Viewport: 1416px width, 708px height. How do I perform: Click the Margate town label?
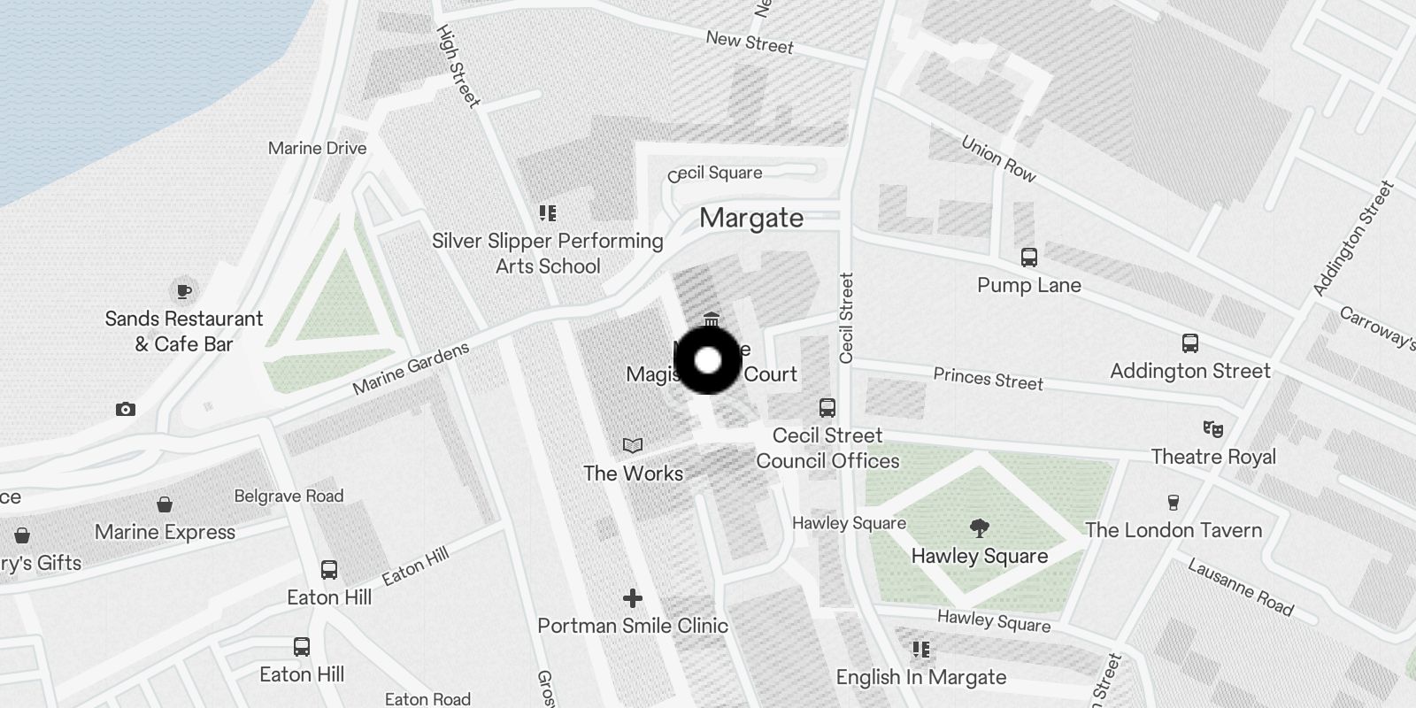pos(751,218)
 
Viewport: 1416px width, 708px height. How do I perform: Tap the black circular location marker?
pos(707,360)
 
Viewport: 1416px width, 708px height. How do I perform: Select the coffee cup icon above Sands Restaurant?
pos(183,290)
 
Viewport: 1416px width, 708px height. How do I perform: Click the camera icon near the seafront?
pos(126,409)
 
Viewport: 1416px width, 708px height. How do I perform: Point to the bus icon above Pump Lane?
pos(1028,258)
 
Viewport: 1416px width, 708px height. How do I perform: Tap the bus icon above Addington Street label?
pos(1190,343)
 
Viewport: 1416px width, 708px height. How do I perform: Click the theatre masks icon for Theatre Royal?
pos(1212,429)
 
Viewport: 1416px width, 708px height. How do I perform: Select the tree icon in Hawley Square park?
pos(979,528)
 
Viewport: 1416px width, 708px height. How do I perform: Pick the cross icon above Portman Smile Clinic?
pos(632,598)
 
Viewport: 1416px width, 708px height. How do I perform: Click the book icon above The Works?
pos(632,445)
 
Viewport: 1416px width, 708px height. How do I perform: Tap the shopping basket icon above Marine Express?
pos(165,505)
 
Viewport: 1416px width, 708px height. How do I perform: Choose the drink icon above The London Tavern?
pos(1174,503)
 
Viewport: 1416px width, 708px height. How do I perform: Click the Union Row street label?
pos(998,158)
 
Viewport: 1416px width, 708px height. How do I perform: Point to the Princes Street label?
pos(988,380)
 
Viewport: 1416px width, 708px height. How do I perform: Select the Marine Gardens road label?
pos(411,369)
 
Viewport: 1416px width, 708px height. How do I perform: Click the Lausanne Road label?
pos(1240,587)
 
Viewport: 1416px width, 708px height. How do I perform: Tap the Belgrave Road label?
pos(289,496)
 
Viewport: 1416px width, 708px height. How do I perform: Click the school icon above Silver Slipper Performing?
pos(548,213)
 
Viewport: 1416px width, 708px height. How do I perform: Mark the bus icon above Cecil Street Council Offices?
pos(827,408)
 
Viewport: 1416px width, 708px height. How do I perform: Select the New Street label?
pos(750,42)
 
